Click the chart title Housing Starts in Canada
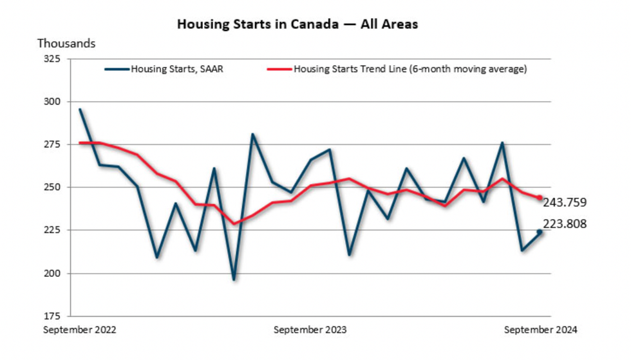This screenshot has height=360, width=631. (x=297, y=24)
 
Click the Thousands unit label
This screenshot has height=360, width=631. (x=66, y=44)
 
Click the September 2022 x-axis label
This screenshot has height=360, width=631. (x=80, y=330)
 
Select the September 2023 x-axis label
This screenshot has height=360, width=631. (x=310, y=330)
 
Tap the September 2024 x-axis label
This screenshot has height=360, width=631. (x=541, y=330)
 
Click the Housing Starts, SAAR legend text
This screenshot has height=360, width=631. (x=177, y=69)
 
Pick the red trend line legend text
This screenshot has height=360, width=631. (x=410, y=69)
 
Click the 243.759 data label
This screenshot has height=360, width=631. (x=565, y=203)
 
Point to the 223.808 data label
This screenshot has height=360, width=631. (x=565, y=224)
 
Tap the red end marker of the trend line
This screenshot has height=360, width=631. (x=540, y=198)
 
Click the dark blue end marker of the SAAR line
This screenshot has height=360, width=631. (x=540, y=232)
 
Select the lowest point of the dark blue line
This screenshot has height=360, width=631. (x=234, y=279)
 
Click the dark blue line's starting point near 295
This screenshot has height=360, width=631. (x=80, y=109)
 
